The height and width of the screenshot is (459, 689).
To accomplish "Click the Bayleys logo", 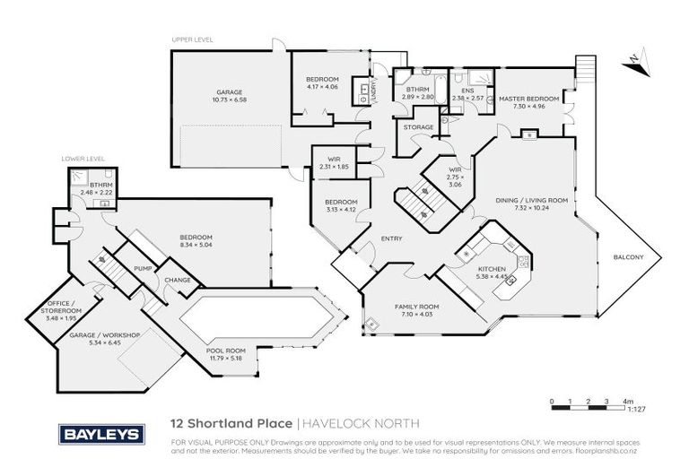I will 100,434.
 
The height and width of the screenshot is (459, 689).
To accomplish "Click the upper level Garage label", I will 229,91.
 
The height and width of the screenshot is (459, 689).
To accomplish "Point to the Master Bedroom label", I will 528,99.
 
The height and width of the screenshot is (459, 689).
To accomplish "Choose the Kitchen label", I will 492,269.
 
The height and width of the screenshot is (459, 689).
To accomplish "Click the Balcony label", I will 627,258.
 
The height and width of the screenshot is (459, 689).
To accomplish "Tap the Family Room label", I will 414,307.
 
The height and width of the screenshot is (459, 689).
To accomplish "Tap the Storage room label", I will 419,127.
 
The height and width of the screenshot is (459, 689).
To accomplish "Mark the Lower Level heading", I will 77,158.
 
